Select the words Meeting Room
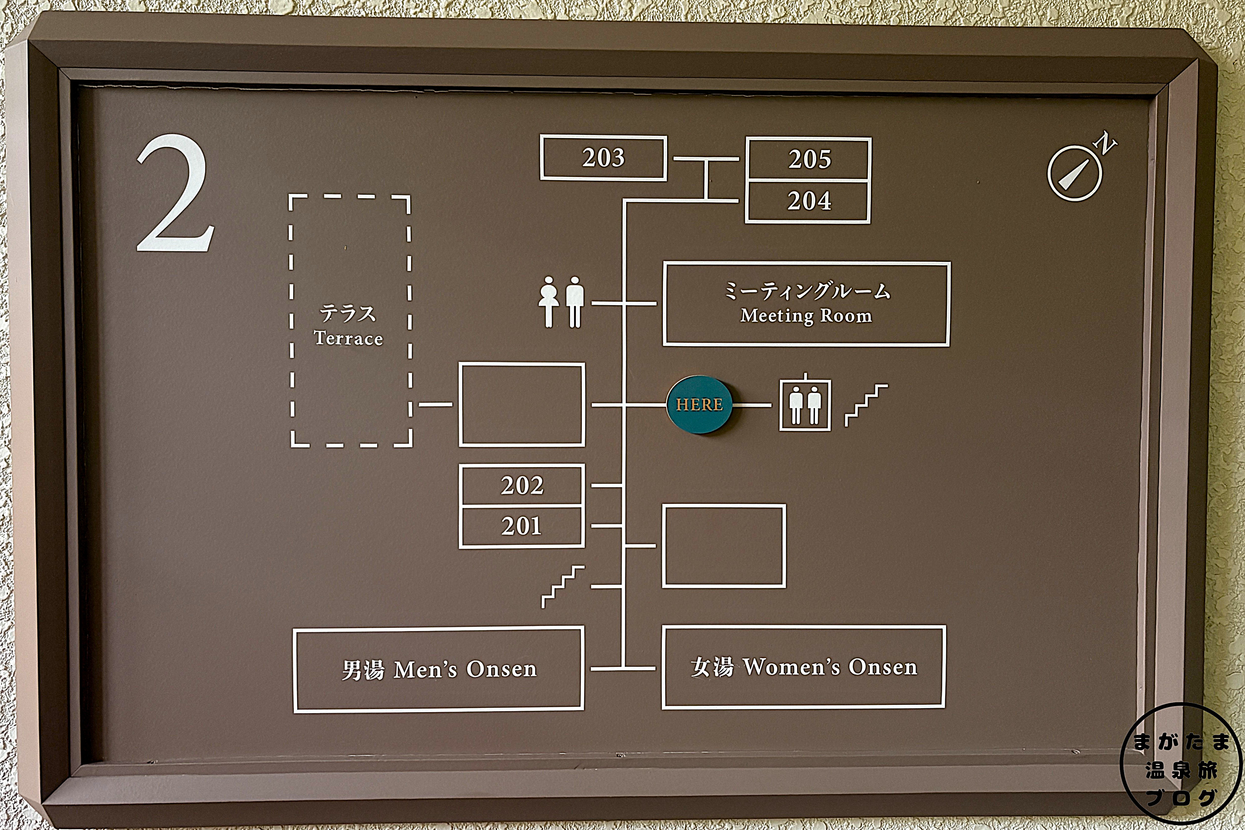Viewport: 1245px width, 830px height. pos(806,316)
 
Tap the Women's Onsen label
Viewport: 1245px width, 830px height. pos(803,667)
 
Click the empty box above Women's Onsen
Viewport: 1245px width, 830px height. pos(724,546)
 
